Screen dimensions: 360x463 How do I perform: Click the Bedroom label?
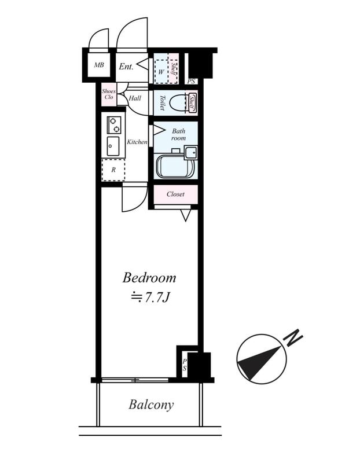(149, 278)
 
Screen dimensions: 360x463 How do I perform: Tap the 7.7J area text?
(150, 297)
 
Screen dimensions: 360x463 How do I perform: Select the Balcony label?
(151, 405)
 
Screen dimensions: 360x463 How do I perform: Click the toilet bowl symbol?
(178, 103)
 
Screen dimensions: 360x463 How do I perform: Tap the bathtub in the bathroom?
(175, 166)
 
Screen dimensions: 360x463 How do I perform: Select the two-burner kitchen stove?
(113, 125)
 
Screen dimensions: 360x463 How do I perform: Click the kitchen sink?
(113, 146)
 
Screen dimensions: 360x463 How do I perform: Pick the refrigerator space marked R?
(113, 170)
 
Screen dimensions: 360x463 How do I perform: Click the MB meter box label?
(99, 65)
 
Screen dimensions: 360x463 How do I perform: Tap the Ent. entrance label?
(126, 67)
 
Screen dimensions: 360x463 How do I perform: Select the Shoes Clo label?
(109, 94)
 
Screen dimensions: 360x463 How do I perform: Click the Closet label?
(175, 194)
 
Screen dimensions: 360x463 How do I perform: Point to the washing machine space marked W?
(161, 72)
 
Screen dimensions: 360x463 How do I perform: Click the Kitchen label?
(137, 142)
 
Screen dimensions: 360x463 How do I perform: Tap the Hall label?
(135, 98)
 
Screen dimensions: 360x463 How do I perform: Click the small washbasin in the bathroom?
(191, 152)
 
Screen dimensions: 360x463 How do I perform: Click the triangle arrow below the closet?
(185, 215)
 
